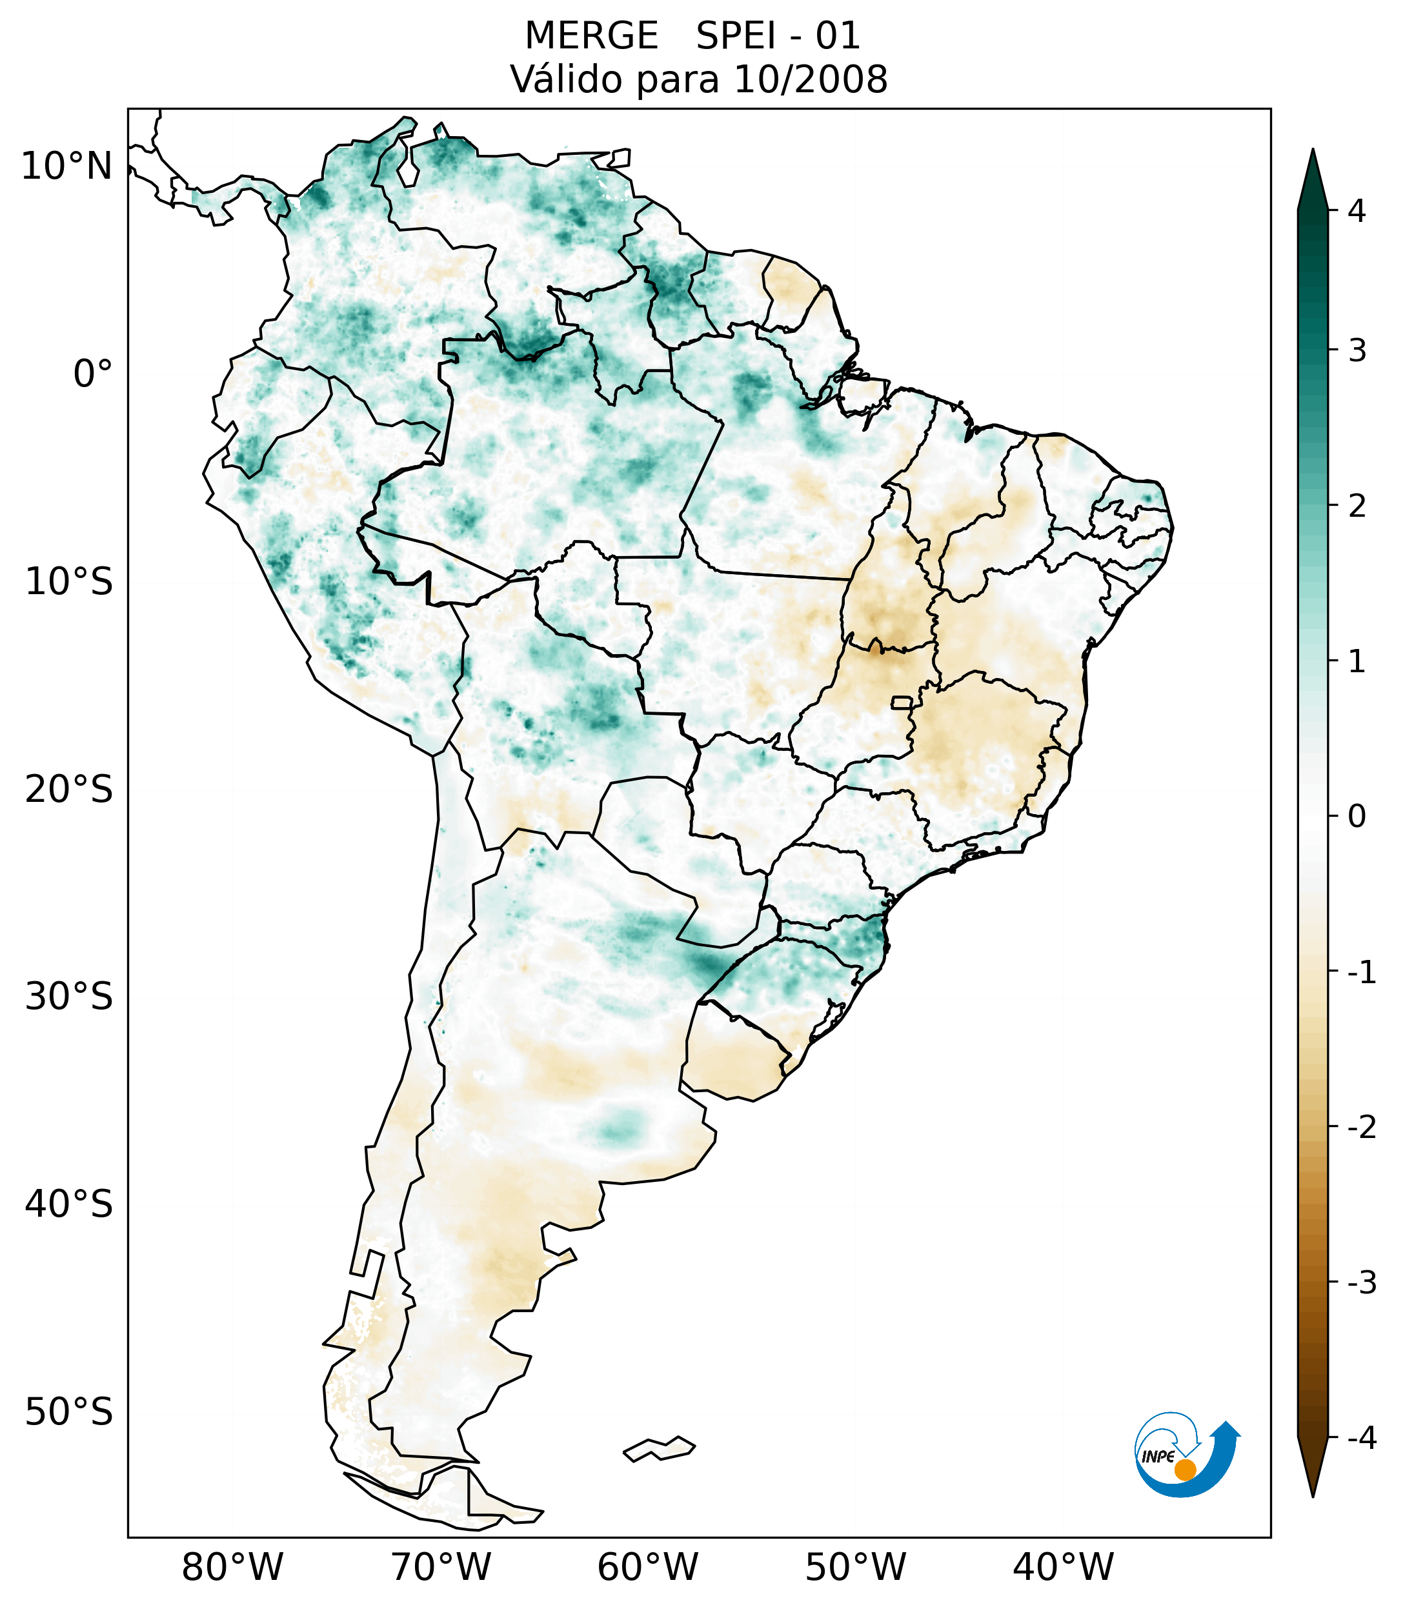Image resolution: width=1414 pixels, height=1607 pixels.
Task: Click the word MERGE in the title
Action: click(x=591, y=36)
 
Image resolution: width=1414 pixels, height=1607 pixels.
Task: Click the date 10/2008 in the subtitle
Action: click(x=810, y=79)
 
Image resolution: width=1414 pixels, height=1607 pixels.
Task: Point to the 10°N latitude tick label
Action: click(x=66, y=166)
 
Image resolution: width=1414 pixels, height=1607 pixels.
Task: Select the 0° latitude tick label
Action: click(x=93, y=374)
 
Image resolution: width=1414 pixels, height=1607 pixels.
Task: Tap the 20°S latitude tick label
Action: click(x=69, y=790)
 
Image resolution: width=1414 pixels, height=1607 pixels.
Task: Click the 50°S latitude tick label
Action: click(x=69, y=1413)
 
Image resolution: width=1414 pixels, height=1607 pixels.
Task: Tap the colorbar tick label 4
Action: click(x=1357, y=211)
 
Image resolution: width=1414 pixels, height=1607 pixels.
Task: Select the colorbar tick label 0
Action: click(x=1357, y=817)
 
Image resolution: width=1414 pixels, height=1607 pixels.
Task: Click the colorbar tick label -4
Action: click(x=1361, y=1439)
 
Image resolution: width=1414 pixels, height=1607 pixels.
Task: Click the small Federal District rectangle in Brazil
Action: click(x=901, y=702)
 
